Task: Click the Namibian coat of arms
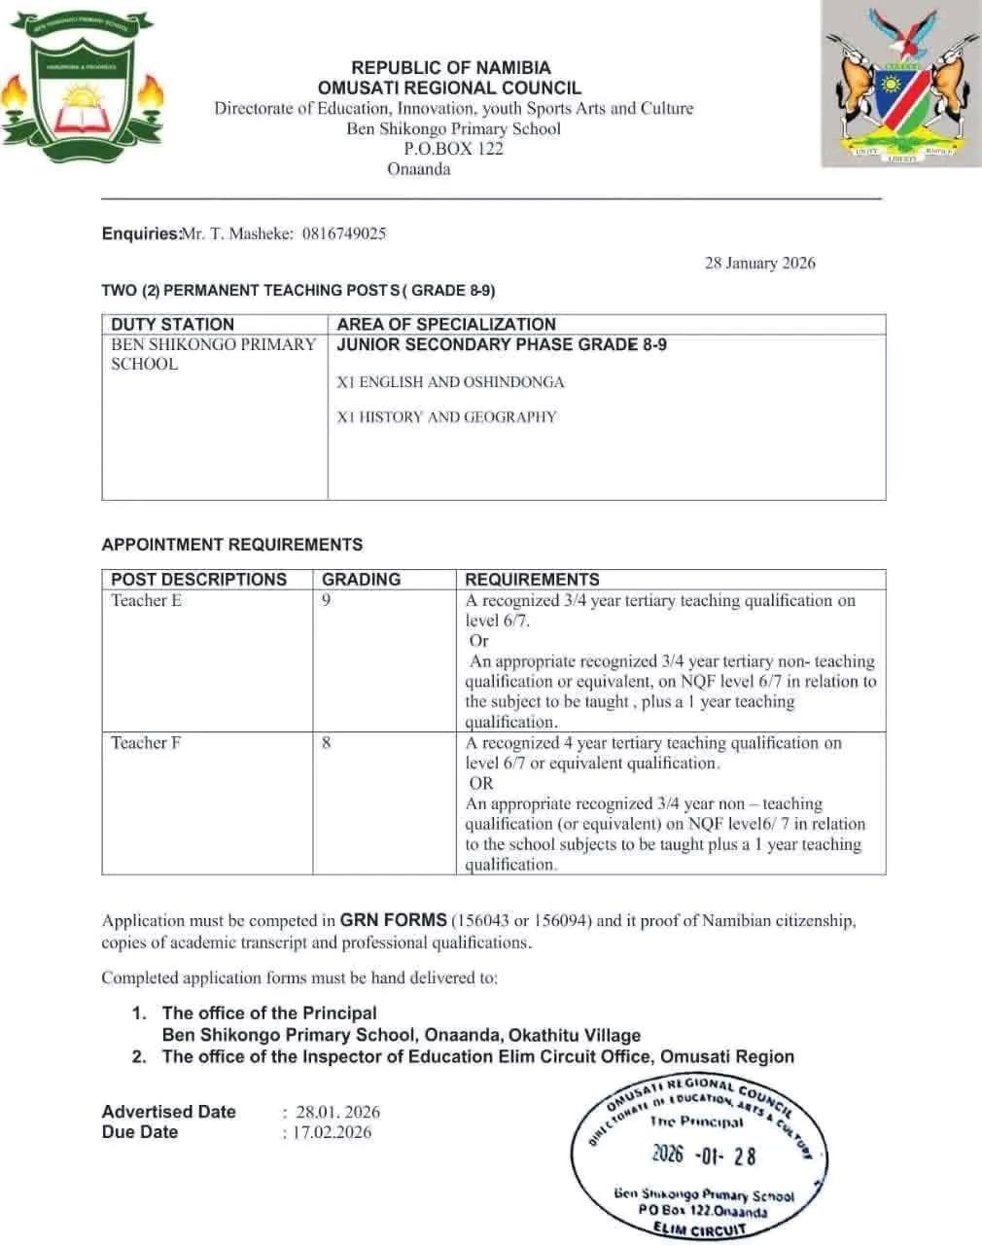click(x=901, y=86)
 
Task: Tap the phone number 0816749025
click(x=344, y=233)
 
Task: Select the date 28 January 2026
click(x=759, y=263)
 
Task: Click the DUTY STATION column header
click(x=173, y=324)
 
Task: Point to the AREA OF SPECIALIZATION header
click(x=446, y=324)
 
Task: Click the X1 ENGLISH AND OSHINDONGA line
click(x=450, y=382)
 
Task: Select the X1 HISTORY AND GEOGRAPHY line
click(x=446, y=417)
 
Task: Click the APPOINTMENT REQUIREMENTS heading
click(x=232, y=545)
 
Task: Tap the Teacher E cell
click(x=146, y=600)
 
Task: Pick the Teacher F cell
click(x=146, y=743)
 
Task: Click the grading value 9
click(x=327, y=600)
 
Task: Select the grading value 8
click(x=327, y=743)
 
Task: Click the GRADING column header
click(x=361, y=580)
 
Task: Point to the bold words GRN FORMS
click(x=393, y=920)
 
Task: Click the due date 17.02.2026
click(x=332, y=1132)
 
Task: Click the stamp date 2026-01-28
click(x=703, y=1155)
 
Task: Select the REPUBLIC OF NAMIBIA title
click(x=450, y=68)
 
